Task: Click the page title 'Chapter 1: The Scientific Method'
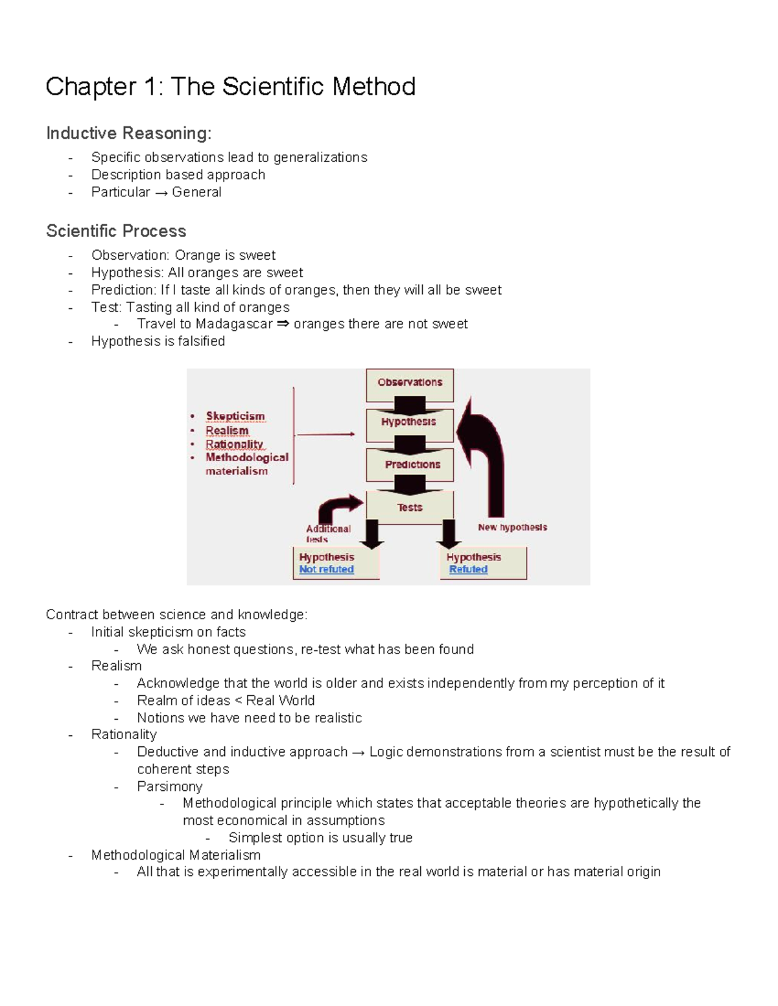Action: pos(230,87)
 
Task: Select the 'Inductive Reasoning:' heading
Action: pos(128,133)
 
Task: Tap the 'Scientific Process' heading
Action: pos(116,231)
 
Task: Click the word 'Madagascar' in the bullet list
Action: pos(233,324)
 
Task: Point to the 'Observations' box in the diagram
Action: pos(410,383)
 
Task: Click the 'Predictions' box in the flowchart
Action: pos(412,464)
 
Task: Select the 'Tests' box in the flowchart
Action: pos(410,507)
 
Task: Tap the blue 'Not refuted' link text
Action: pos(326,569)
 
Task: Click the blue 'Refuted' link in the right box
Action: pos(468,569)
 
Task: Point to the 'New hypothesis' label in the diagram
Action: pos(512,527)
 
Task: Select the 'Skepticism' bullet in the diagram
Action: pos(235,416)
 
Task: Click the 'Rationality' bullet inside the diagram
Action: pos(234,444)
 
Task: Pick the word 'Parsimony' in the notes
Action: pos(170,786)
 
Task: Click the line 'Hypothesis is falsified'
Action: pos(158,341)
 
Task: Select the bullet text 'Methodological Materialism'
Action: pos(176,855)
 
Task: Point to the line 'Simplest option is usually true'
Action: pos(320,838)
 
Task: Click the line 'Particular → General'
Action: pos(156,192)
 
